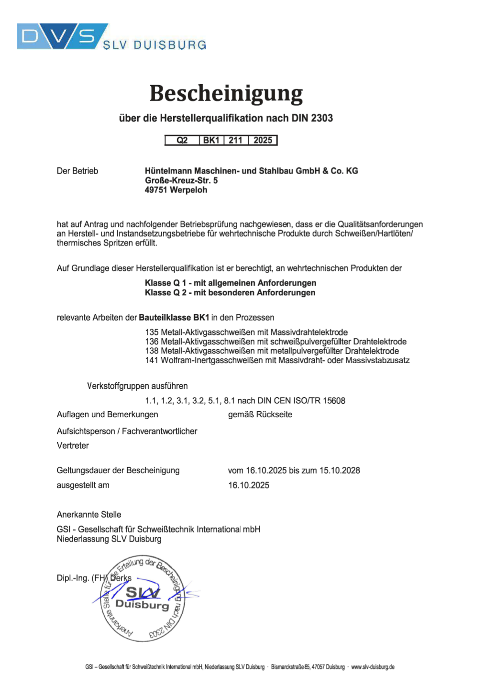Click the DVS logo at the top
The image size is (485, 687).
62,36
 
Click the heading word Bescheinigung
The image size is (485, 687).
226,93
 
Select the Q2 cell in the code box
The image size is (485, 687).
182,140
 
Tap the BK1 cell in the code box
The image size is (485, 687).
211,140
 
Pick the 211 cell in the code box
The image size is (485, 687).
236,140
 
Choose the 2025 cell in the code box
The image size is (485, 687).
263,140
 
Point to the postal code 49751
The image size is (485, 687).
156,190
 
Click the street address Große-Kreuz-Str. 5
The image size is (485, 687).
181,180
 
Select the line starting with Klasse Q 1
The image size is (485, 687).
231,283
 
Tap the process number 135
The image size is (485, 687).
152,332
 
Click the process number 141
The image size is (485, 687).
152,360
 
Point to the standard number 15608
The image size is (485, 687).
334,400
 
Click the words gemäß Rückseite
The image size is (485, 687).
260,414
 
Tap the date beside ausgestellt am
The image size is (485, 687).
249,485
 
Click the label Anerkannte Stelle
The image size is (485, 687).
89,514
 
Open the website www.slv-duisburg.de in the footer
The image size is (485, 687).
373,667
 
